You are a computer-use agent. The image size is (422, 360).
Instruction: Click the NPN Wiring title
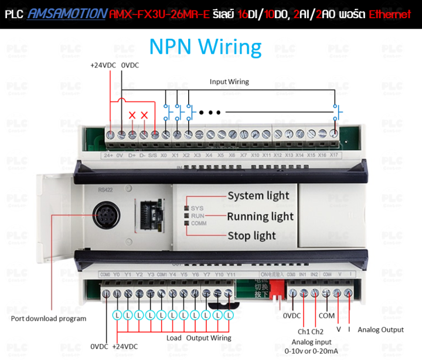pos(205,46)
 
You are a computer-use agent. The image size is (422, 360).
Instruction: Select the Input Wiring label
pos(229,81)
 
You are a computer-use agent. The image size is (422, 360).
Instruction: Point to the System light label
pos(258,196)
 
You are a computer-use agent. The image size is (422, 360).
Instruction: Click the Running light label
pos(260,216)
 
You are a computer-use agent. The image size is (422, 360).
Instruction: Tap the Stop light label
pos(251,236)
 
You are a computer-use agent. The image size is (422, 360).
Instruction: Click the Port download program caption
pos(49,318)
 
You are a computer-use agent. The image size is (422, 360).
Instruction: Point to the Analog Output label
pos(380,330)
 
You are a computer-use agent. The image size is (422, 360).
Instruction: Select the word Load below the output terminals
pos(174,338)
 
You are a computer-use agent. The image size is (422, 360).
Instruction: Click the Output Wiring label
pos(209,338)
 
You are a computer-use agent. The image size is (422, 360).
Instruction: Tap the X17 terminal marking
pos(333,155)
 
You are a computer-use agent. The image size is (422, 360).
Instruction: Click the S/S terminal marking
pos(154,155)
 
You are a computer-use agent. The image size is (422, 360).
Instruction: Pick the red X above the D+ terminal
pos(132,115)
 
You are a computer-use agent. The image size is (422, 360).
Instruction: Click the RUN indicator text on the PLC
pos(197,216)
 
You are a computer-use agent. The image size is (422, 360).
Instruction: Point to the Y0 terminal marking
pos(117,274)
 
